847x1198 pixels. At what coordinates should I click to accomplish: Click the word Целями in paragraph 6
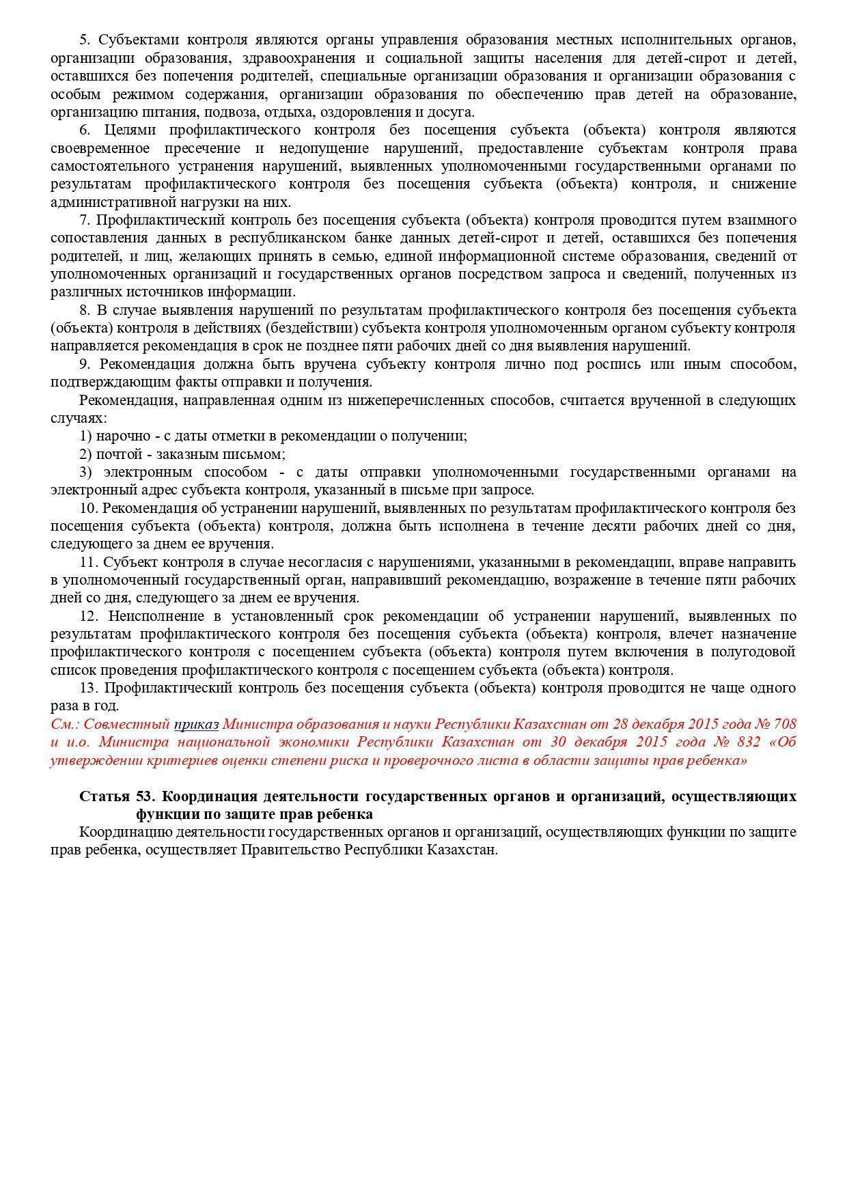coord(130,130)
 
